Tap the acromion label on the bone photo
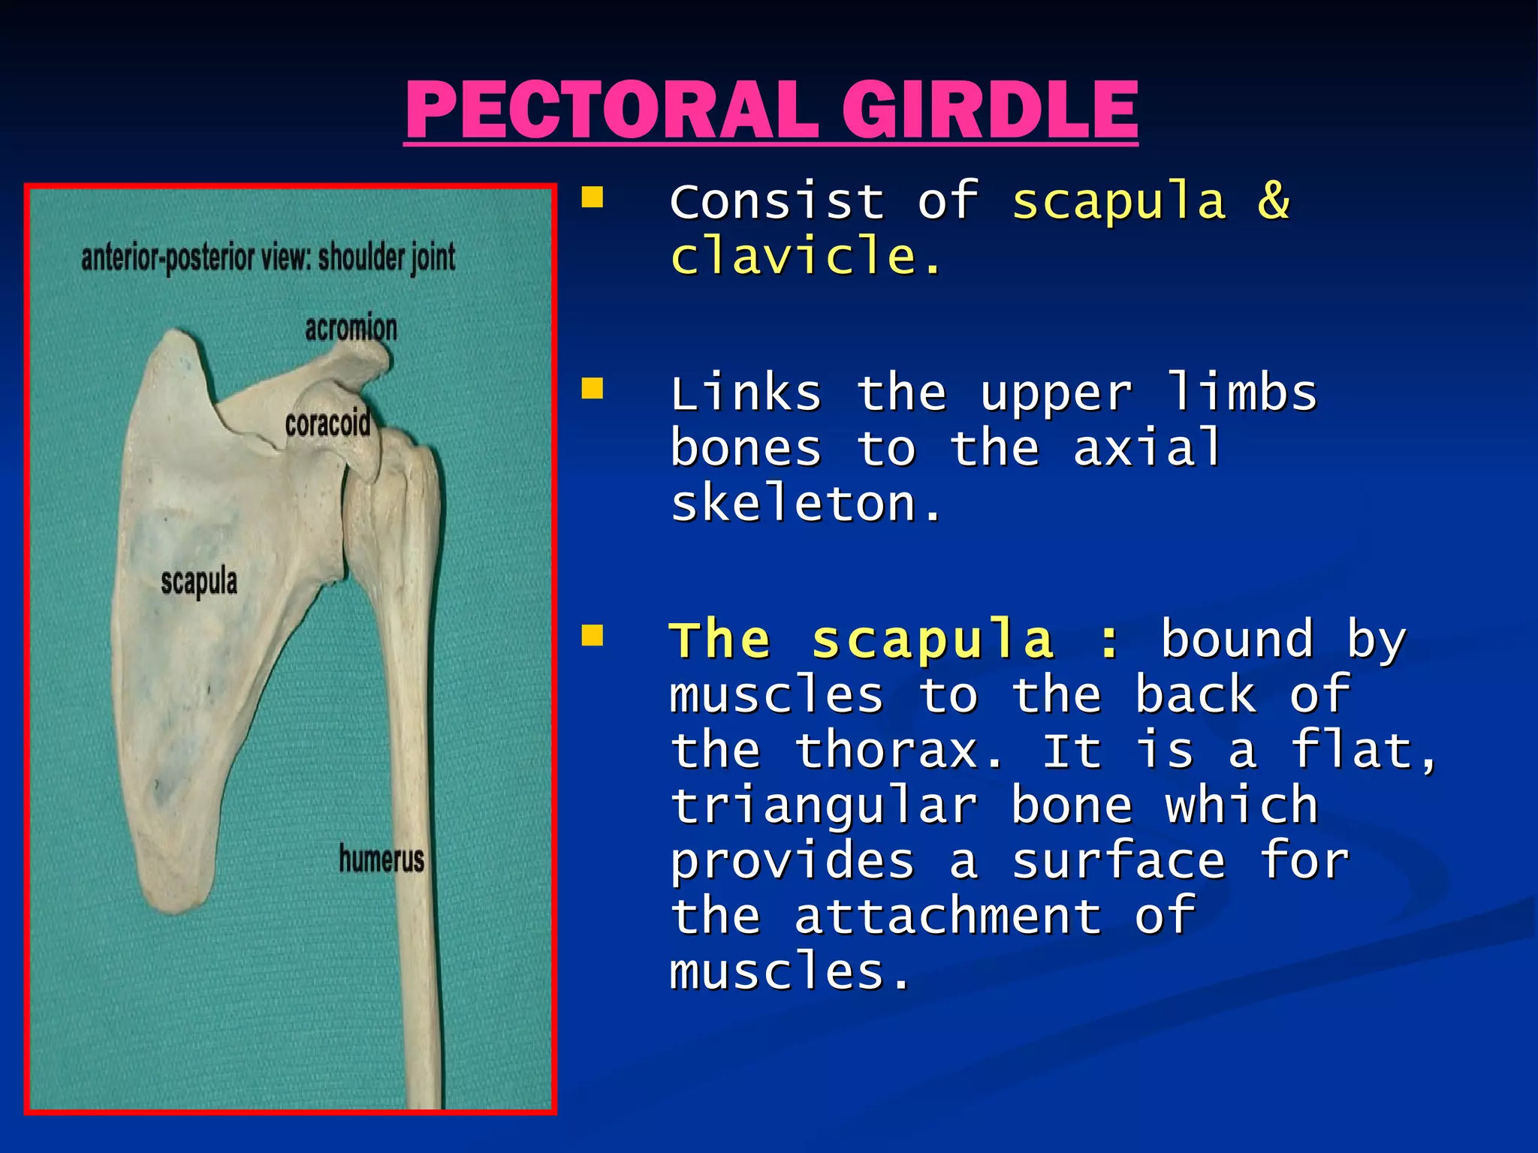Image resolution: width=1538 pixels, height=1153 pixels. pyautogui.click(x=351, y=329)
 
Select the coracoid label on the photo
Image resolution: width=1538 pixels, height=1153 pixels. pyautogui.click(x=327, y=424)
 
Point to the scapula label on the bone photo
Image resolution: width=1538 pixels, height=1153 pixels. pyautogui.click(x=199, y=582)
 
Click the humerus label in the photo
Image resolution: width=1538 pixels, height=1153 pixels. pyautogui.click(x=381, y=859)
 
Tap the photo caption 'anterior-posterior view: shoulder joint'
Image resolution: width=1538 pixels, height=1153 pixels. pyautogui.click(x=268, y=258)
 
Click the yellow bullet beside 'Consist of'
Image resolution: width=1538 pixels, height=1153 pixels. pyautogui.click(x=593, y=198)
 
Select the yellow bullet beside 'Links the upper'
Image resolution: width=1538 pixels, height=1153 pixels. pyautogui.click(x=593, y=389)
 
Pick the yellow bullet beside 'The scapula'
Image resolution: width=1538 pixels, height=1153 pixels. pyautogui.click(x=593, y=635)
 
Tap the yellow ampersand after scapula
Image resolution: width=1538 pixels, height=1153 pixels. pyautogui.click(x=1274, y=201)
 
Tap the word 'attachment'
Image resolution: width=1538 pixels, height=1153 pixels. pyautogui.click(x=948, y=916)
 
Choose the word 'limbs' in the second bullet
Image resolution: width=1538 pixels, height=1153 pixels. pyautogui.click(x=1241, y=393)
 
